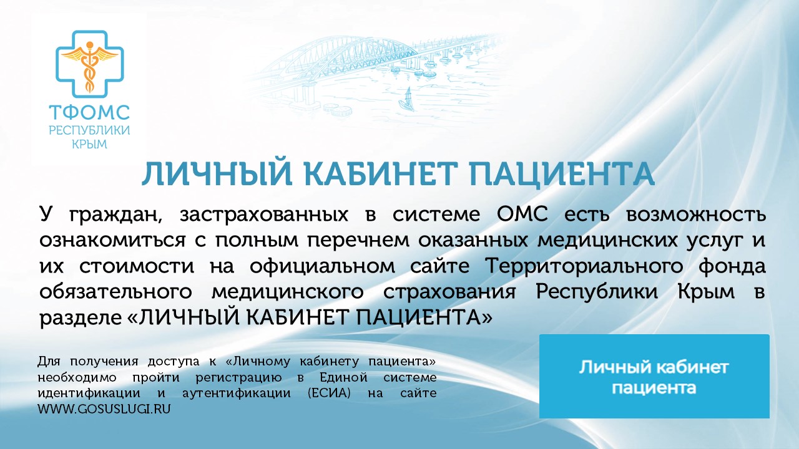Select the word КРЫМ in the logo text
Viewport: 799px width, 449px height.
89,144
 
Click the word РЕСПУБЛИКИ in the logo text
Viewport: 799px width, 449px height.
89,130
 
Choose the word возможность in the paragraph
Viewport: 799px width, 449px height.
694,215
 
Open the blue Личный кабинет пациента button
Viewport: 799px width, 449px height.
654,376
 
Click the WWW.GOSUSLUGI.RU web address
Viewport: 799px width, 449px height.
104,409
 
